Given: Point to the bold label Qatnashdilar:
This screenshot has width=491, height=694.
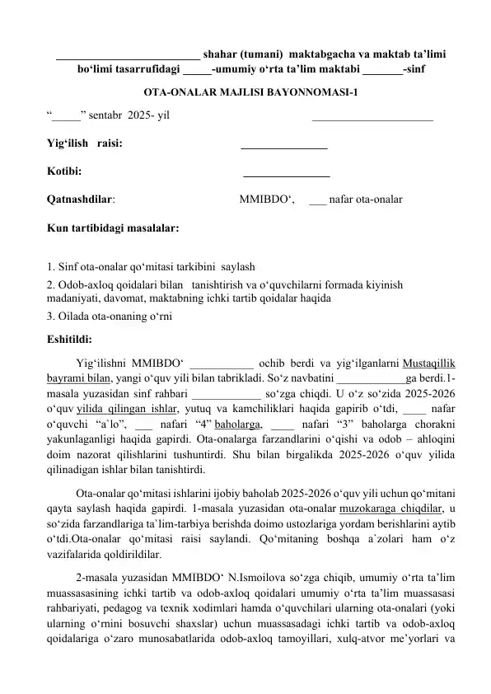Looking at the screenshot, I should click(x=81, y=198).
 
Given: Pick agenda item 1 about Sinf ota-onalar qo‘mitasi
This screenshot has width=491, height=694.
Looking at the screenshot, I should click(x=151, y=266).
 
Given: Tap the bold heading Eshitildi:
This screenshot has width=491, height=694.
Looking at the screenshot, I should click(x=69, y=338).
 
